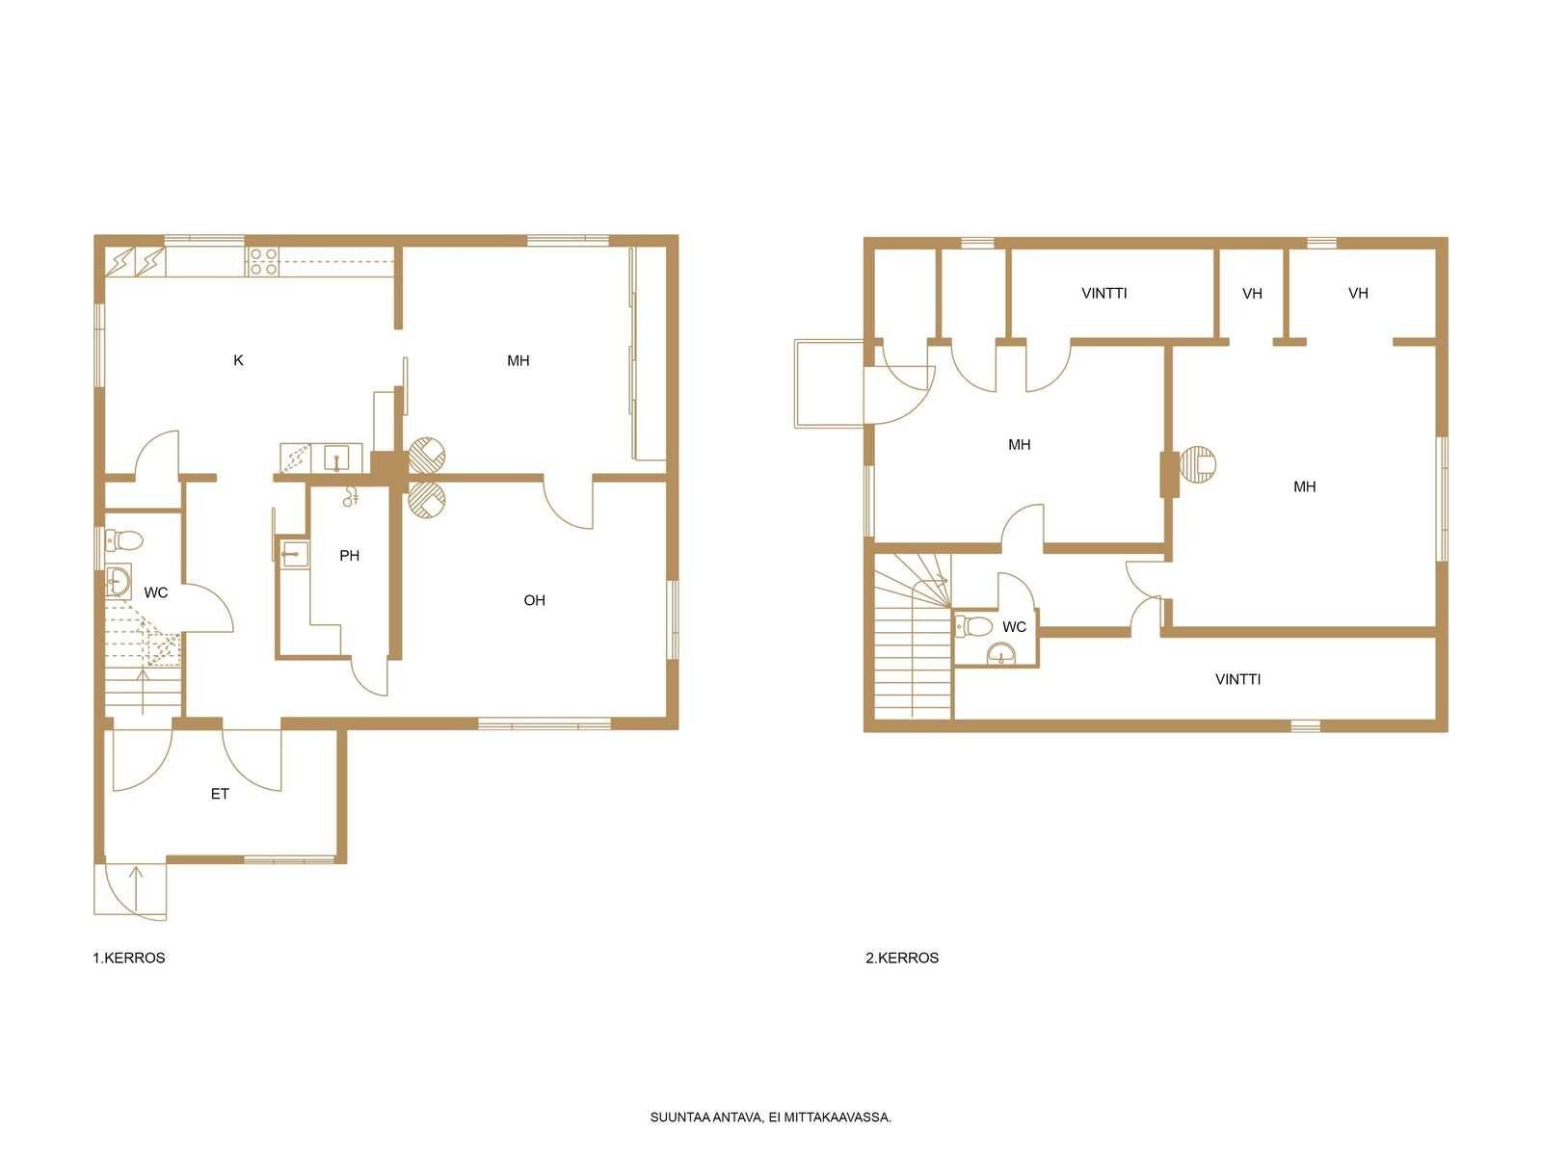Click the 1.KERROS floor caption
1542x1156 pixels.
click(128, 959)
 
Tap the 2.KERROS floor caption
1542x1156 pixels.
click(901, 959)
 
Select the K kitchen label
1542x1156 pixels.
click(238, 360)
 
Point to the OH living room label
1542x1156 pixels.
click(534, 600)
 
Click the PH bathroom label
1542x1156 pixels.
click(349, 556)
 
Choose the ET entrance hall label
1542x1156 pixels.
click(220, 794)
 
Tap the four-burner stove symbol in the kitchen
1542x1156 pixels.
click(263, 261)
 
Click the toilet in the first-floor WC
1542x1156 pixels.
click(123, 540)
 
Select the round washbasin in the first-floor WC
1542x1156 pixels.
click(118, 581)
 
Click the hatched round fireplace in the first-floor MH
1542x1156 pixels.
click(426, 454)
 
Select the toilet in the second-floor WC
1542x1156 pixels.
click(973, 624)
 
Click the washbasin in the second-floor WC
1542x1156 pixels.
click(999, 655)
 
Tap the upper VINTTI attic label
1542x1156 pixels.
click(1103, 294)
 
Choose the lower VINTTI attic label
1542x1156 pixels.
click(1237, 679)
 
